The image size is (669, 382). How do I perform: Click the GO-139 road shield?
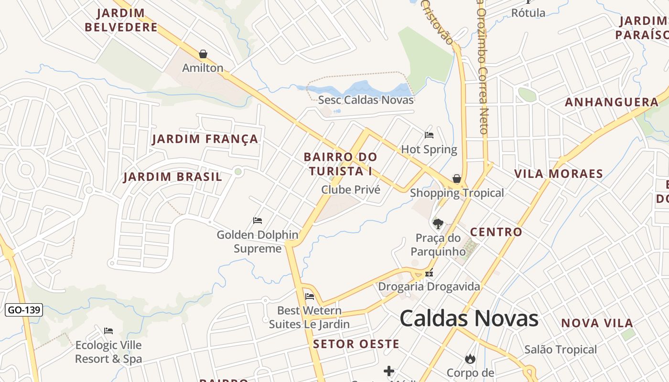point(24,310)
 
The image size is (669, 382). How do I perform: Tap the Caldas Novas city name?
point(469,318)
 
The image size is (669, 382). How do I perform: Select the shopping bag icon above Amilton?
point(203,54)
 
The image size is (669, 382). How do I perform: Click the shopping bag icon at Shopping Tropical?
point(457,179)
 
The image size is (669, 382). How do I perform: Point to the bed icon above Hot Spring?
point(429,135)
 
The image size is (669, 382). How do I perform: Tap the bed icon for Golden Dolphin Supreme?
point(258,221)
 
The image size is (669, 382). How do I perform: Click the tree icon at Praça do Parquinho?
point(437,223)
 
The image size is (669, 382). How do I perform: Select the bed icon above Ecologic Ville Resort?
point(108,331)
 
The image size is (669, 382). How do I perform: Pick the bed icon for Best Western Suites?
point(309,297)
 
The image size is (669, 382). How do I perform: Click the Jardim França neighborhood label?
point(205,139)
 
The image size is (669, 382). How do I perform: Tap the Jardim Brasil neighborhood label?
point(173,177)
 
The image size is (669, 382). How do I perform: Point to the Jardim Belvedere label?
point(121,20)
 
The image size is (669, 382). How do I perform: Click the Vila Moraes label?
point(559,174)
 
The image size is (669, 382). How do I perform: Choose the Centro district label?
point(496,232)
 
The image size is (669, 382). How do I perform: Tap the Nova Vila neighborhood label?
point(597,323)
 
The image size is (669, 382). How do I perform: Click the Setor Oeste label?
point(356,344)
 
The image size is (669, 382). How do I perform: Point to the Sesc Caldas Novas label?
point(366,100)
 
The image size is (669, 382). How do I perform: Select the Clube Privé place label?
point(351,190)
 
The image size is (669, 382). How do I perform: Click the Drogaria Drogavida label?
point(429,286)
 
